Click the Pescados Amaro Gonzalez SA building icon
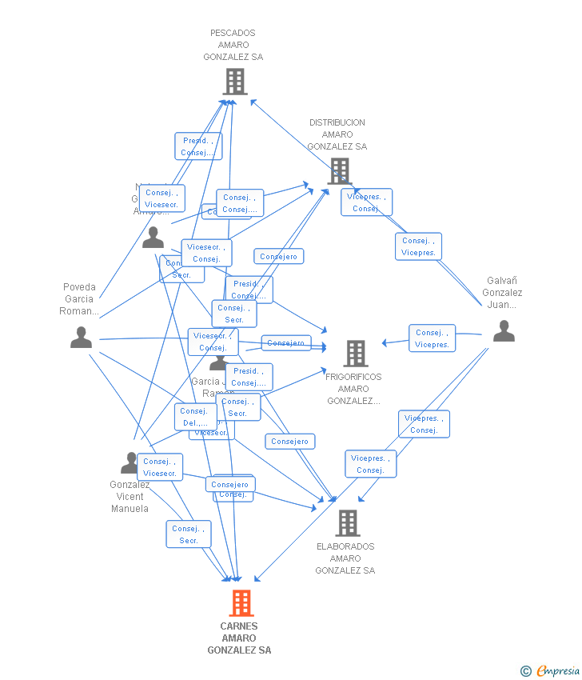234,82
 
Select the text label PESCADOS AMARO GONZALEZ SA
233,46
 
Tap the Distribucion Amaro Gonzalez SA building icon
339,170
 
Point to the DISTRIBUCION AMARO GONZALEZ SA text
337,134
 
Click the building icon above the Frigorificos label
356,353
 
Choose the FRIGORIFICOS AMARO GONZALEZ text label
354,389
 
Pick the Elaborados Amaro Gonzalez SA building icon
347,522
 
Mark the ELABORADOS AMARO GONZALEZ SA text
345,558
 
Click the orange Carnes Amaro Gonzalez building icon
241,602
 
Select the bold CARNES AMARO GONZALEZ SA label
239,638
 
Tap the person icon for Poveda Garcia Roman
81,338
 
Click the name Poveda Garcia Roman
79,299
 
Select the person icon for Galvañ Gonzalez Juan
504,330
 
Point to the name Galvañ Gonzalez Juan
502,293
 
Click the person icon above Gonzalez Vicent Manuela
130,462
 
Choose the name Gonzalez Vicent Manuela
130,497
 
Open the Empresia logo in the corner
558,671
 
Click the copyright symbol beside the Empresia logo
526,671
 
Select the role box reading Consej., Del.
195,417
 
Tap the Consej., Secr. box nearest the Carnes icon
189,534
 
